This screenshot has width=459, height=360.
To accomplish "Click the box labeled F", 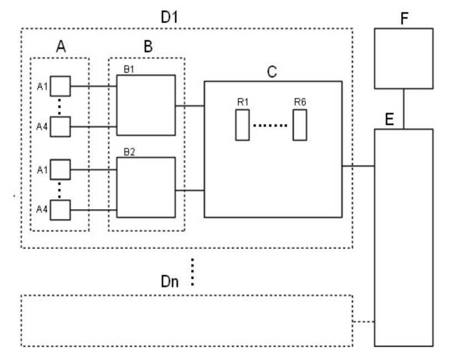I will pyautogui.click(x=403, y=58).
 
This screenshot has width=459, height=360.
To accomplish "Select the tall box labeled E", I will pyautogui.click(x=403, y=237).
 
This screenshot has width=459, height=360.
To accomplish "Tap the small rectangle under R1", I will pyautogui.click(x=242, y=125).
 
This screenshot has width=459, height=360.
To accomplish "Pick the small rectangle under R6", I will pyautogui.click(x=300, y=125).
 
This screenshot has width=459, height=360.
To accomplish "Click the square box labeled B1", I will pyautogui.click(x=146, y=105).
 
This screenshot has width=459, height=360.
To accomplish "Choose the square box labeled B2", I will pyautogui.click(x=146, y=187).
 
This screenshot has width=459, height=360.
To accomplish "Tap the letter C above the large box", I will pyautogui.click(x=272, y=72).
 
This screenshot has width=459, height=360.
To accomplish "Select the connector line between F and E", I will pyautogui.click(x=403, y=109).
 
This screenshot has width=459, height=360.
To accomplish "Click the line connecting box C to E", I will pyautogui.click(x=358, y=165).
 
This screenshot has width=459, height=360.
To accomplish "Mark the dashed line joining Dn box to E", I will pyautogui.click(x=364, y=321).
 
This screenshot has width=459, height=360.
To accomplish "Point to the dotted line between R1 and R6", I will pyautogui.click(x=271, y=125).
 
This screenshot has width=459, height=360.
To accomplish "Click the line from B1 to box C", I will pyautogui.click(x=190, y=105).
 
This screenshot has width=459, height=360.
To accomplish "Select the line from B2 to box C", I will pyautogui.click(x=190, y=191).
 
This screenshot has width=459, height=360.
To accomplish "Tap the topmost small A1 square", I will pyautogui.click(x=61, y=86).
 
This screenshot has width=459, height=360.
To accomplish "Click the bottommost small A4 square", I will pyautogui.click(x=61, y=210).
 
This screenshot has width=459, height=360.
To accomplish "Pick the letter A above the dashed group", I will pyautogui.click(x=61, y=47).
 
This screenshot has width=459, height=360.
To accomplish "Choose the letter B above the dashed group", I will pyautogui.click(x=148, y=47).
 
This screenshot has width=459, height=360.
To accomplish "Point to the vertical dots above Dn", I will pyautogui.click(x=192, y=272).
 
